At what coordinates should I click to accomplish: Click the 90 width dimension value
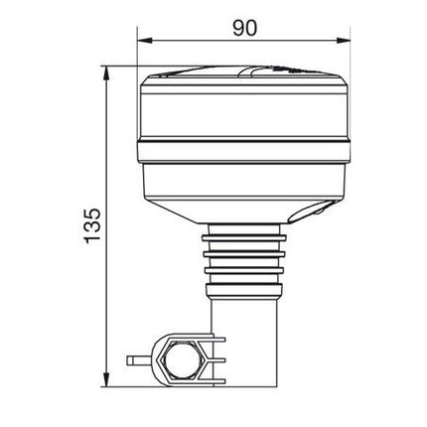click(244, 28)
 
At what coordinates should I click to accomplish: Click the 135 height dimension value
click(92, 226)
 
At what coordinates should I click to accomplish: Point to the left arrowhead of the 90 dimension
click(144, 41)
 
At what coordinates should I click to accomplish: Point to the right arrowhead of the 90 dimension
click(343, 41)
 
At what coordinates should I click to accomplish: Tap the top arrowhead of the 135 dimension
click(106, 72)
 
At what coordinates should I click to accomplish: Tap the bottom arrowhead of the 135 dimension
click(106, 379)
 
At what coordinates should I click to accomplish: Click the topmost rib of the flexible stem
click(244, 238)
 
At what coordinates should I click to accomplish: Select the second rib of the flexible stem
click(244, 254)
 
